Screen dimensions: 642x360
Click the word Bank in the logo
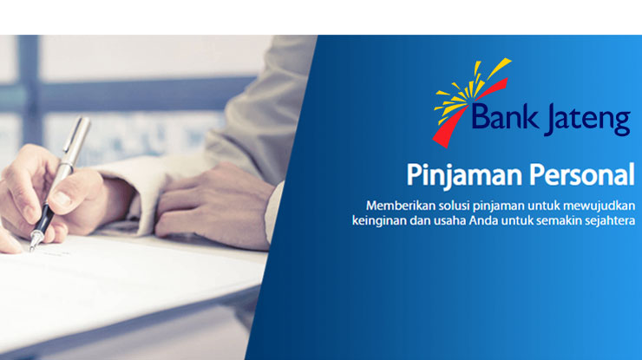(x=505, y=116)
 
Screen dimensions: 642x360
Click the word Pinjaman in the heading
(x=464, y=176)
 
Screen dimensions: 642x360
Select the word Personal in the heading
(x=581, y=174)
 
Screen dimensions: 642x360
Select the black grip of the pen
(x=43, y=220)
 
